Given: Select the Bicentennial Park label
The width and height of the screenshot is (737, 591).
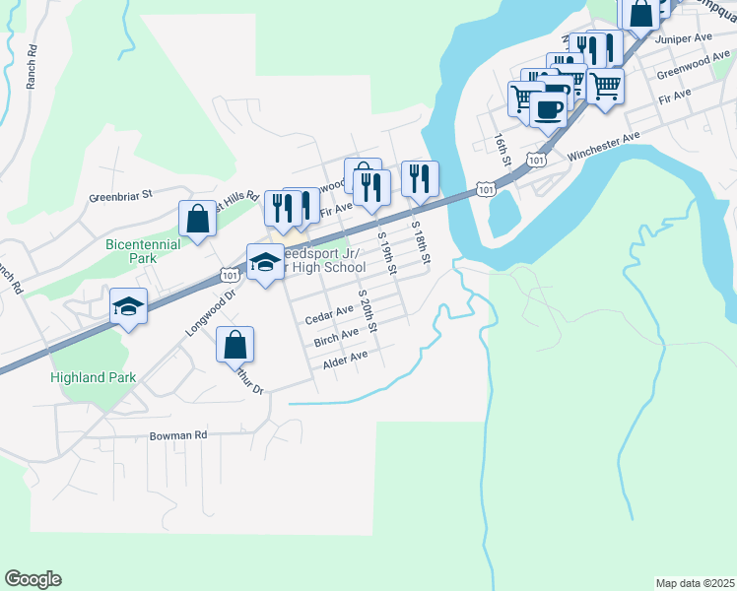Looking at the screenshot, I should click(x=143, y=251).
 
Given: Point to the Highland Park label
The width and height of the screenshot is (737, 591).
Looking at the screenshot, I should click(x=95, y=377).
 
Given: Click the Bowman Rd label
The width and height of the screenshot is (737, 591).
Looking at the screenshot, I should click(x=178, y=434).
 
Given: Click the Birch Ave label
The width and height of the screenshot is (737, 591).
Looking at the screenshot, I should click(x=336, y=338).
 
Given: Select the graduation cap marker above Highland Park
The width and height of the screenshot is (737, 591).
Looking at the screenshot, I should click(x=128, y=306).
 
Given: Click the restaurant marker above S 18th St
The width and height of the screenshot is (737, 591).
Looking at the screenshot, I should click(x=420, y=180).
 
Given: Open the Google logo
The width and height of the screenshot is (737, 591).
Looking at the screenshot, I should click(x=33, y=579).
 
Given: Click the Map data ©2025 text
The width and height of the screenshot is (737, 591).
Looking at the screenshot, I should click(x=694, y=582).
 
